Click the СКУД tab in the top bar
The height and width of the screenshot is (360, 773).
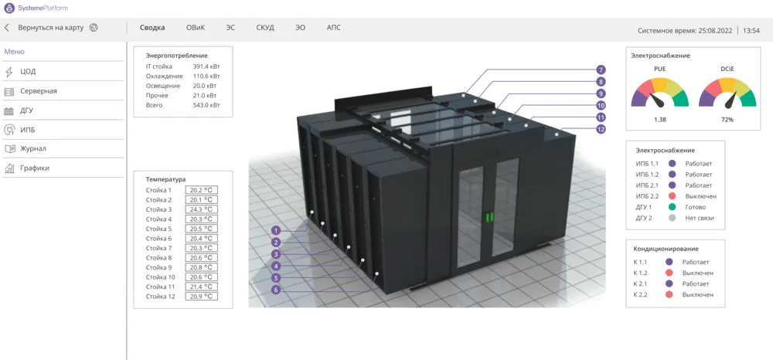[x=265, y=28]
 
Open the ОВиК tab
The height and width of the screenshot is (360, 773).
[x=196, y=28]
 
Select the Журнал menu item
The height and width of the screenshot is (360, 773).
[x=33, y=148]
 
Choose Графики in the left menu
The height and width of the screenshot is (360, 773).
[x=35, y=168]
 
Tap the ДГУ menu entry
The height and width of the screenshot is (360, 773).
[x=26, y=110]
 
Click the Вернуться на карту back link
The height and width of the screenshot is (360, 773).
[x=51, y=28]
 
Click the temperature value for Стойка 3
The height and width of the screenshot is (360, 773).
[x=202, y=210]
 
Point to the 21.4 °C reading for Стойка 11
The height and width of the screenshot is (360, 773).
[x=202, y=287]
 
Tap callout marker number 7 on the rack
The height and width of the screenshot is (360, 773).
[x=601, y=70]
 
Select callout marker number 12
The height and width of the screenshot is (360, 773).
[x=601, y=130]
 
